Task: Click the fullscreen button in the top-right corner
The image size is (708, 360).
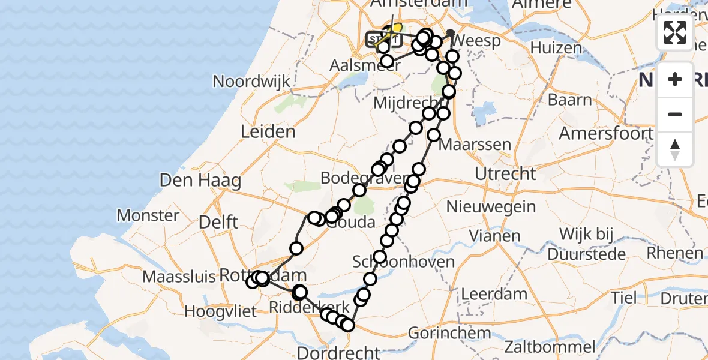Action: [675, 32]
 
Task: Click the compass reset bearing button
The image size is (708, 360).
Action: [675, 149]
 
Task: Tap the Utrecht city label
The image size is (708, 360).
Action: [505, 174]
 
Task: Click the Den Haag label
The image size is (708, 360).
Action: [200, 179]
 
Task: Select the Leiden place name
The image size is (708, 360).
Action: [268, 131]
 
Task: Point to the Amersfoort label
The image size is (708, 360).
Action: [606, 133]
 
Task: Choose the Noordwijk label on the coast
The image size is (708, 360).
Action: [251, 82]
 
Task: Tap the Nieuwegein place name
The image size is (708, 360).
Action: [491, 207]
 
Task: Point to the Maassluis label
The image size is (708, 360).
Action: [179, 277]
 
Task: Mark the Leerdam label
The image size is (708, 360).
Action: [478, 295]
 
